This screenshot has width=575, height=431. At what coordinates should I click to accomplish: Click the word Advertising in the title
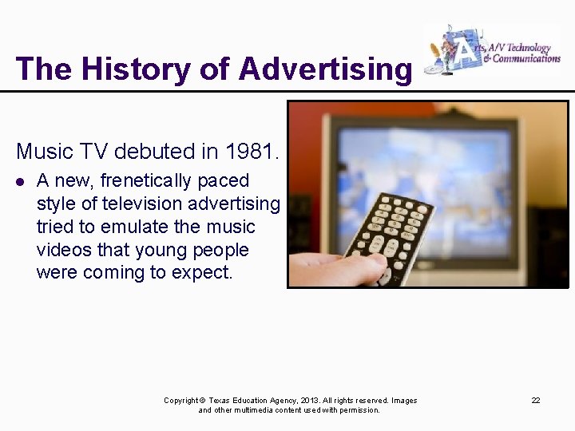click(324, 69)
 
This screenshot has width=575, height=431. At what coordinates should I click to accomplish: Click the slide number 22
click(536, 400)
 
